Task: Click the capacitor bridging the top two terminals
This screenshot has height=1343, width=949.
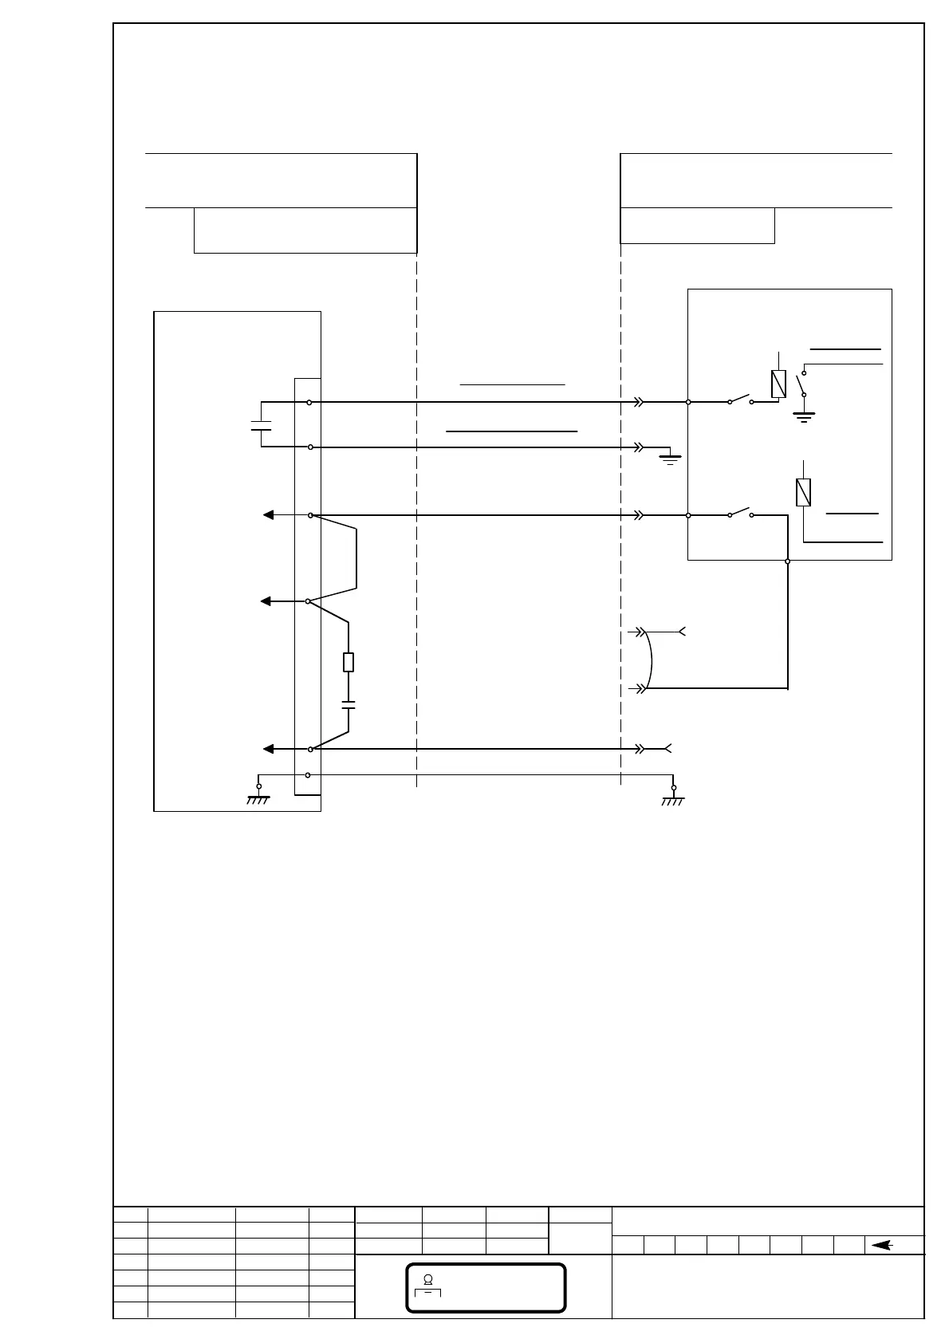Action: (x=261, y=424)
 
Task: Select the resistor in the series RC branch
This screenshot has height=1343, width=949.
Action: (x=348, y=662)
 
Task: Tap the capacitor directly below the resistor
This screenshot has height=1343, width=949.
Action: (x=348, y=705)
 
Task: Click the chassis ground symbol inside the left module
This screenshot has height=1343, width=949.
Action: (x=258, y=798)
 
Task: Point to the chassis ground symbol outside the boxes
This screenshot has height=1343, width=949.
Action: (x=673, y=798)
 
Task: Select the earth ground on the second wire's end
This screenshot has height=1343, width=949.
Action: (x=671, y=457)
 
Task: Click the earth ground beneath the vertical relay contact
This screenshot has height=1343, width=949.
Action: (x=804, y=416)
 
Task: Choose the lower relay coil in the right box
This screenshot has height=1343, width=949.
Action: (x=804, y=492)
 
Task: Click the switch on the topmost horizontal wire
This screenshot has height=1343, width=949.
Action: (x=740, y=400)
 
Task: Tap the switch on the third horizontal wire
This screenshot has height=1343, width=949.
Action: (x=740, y=512)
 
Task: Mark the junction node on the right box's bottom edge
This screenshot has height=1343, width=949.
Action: (x=788, y=561)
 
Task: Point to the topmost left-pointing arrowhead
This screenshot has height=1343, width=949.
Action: (x=269, y=515)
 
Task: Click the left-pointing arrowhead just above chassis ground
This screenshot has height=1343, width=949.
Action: (x=269, y=749)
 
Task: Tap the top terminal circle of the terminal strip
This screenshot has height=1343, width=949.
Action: (x=309, y=403)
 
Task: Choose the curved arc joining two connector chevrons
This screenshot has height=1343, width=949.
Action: (x=651, y=660)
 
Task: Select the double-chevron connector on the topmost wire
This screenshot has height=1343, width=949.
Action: (x=638, y=403)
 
